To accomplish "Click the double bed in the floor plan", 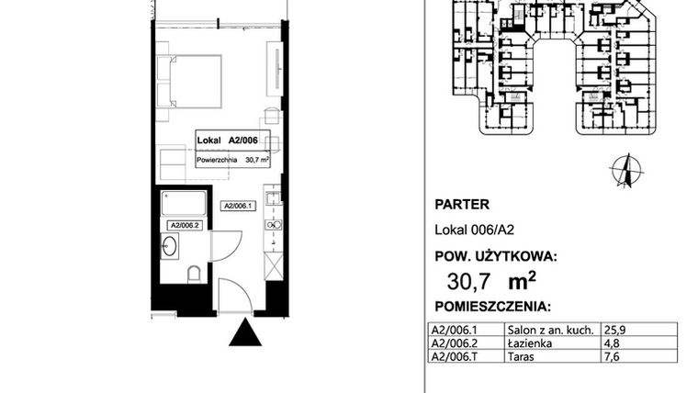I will (x=189, y=81).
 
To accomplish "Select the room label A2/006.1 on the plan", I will (x=239, y=207).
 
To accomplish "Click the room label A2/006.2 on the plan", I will (x=185, y=224).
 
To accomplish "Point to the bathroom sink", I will (x=170, y=246).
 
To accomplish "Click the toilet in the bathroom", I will (x=194, y=273).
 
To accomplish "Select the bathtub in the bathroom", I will (x=184, y=203).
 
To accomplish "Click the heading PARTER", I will (x=460, y=206).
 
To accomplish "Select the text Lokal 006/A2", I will (x=468, y=231).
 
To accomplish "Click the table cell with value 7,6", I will (x=607, y=354).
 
